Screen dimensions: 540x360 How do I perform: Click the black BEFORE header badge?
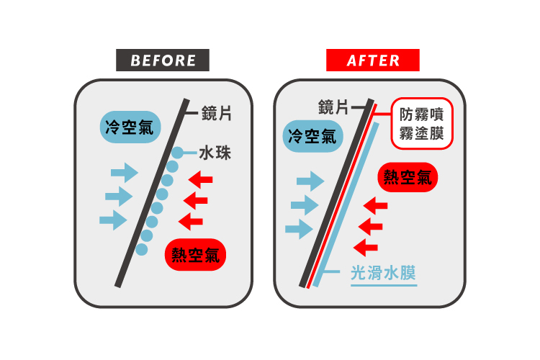(163, 60)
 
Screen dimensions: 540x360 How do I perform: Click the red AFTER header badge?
(372, 60)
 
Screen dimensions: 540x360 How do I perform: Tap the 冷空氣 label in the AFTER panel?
(311, 136)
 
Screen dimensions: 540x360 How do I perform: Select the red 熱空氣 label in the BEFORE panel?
(196, 254)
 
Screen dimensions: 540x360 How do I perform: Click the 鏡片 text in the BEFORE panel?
(216, 114)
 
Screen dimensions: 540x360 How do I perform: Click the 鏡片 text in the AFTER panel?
(333, 108)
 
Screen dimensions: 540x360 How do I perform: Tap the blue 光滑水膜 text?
(383, 274)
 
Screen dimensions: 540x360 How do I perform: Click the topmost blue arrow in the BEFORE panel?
(125, 173)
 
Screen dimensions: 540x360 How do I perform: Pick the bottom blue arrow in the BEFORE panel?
(114, 220)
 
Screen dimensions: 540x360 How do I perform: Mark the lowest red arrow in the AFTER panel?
(367, 247)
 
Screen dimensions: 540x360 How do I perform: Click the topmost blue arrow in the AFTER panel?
(311, 181)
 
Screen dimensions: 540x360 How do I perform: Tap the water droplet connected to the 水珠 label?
(177, 153)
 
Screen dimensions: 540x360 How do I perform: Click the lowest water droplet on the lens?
(142, 249)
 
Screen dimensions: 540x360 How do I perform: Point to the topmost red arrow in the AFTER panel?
(376, 206)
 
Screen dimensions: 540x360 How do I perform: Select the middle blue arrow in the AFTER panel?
(304, 206)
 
